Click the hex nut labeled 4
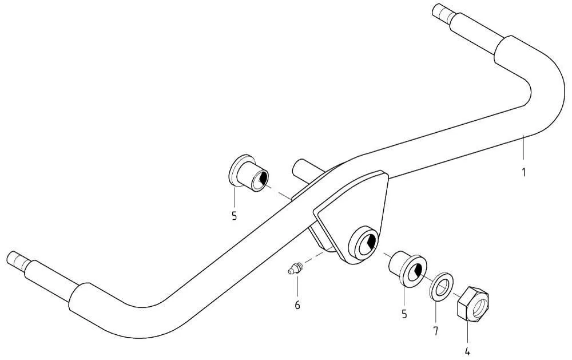pyautogui.click(x=473, y=304)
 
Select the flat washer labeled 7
pyautogui.click(x=442, y=286)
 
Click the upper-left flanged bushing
pyautogui.click(x=248, y=173)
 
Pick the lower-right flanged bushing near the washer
pyautogui.click(x=408, y=268)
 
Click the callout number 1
pyautogui.click(x=523, y=172)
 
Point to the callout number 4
pyautogui.click(x=467, y=351)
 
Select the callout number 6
pyautogui.click(x=297, y=305)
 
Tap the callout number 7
pyautogui.click(x=435, y=331)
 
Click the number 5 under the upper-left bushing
pyautogui.click(x=234, y=216)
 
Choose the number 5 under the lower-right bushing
pyautogui.click(x=404, y=314)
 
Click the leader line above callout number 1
pyautogui.click(x=523, y=147)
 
